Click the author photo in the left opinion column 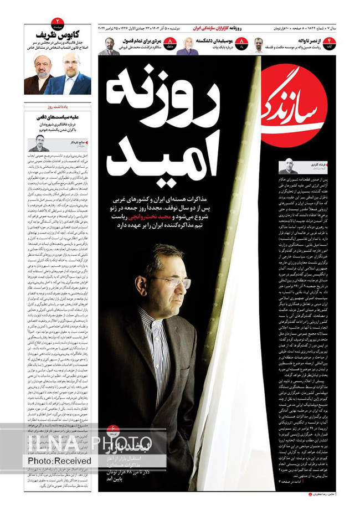tap(40, 143)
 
